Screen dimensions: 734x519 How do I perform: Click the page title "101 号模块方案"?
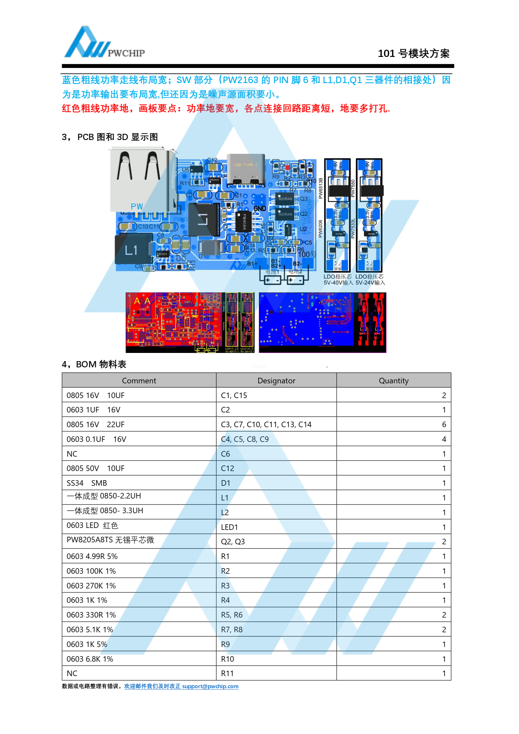pos(413,53)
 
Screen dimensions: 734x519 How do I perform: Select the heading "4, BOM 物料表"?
pos(94,364)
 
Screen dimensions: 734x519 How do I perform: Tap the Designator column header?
pos(276,380)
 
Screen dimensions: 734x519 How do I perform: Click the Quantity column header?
pos(393,380)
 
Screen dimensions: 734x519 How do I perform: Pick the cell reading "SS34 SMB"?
pos(87,483)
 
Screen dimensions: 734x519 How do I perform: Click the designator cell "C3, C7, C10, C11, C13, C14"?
pos(266,424)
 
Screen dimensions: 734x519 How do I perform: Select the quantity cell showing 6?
pos(444,424)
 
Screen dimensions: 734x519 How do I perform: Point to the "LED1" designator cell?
pos(229,527)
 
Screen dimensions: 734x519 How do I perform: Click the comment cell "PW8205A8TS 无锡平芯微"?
pos(110,540)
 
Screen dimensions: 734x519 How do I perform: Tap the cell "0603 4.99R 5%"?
pos(92,556)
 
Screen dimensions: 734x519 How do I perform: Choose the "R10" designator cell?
pos(227,659)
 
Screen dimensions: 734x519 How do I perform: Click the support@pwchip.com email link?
pos(210,686)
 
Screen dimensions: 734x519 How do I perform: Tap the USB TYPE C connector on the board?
pos(245,169)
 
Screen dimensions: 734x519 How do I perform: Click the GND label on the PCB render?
pos(260,208)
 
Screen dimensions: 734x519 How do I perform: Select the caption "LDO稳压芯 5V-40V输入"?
pos(338,279)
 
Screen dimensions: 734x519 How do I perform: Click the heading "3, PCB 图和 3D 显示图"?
pos(110,137)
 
